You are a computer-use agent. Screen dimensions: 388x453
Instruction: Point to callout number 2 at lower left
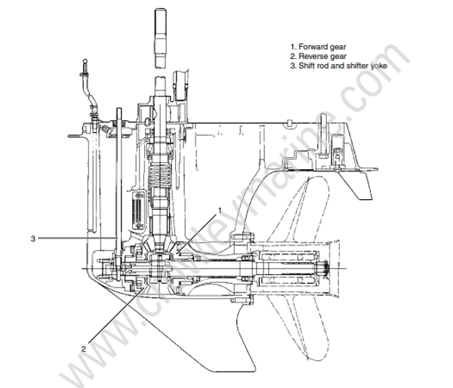[x=83, y=348]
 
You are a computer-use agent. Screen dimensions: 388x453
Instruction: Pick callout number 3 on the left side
[x=33, y=239]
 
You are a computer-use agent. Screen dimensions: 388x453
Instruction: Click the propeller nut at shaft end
[x=330, y=268]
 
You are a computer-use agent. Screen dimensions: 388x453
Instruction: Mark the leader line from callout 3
[x=75, y=239]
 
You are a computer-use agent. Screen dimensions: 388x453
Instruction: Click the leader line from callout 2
[x=113, y=317]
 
